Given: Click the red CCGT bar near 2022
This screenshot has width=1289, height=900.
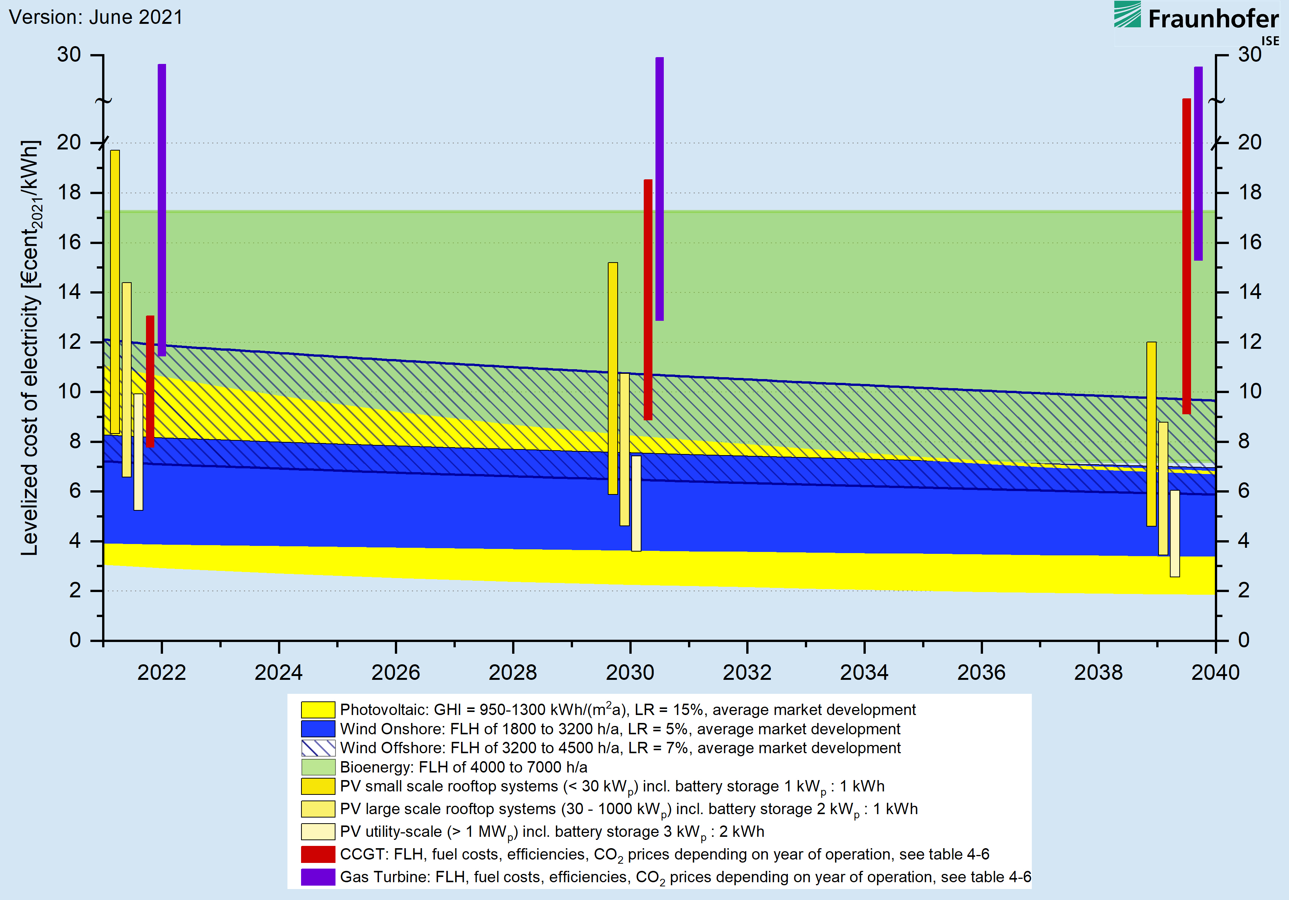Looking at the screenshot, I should pos(150,382).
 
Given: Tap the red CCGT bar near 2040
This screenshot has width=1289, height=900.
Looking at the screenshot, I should pos(1186,256).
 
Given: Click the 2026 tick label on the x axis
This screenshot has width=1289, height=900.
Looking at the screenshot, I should pos(396,672).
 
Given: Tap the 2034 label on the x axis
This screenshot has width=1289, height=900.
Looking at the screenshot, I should pos(864,672).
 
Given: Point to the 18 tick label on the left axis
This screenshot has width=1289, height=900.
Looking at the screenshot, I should pos(70,193).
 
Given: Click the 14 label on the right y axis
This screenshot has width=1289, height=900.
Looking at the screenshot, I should pos(1250,292).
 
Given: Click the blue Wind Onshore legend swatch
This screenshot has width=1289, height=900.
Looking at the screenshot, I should pos(318,729).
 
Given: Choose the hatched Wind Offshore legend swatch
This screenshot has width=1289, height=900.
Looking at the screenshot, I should pos(318,748).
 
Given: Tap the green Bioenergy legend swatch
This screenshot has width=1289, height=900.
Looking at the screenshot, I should pos(318,767).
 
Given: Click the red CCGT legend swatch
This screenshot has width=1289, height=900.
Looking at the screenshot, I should pos(318,854).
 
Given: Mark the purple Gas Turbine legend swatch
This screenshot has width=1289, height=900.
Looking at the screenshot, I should pos(318,877).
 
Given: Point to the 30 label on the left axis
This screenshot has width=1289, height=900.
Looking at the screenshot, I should pos(69,54).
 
